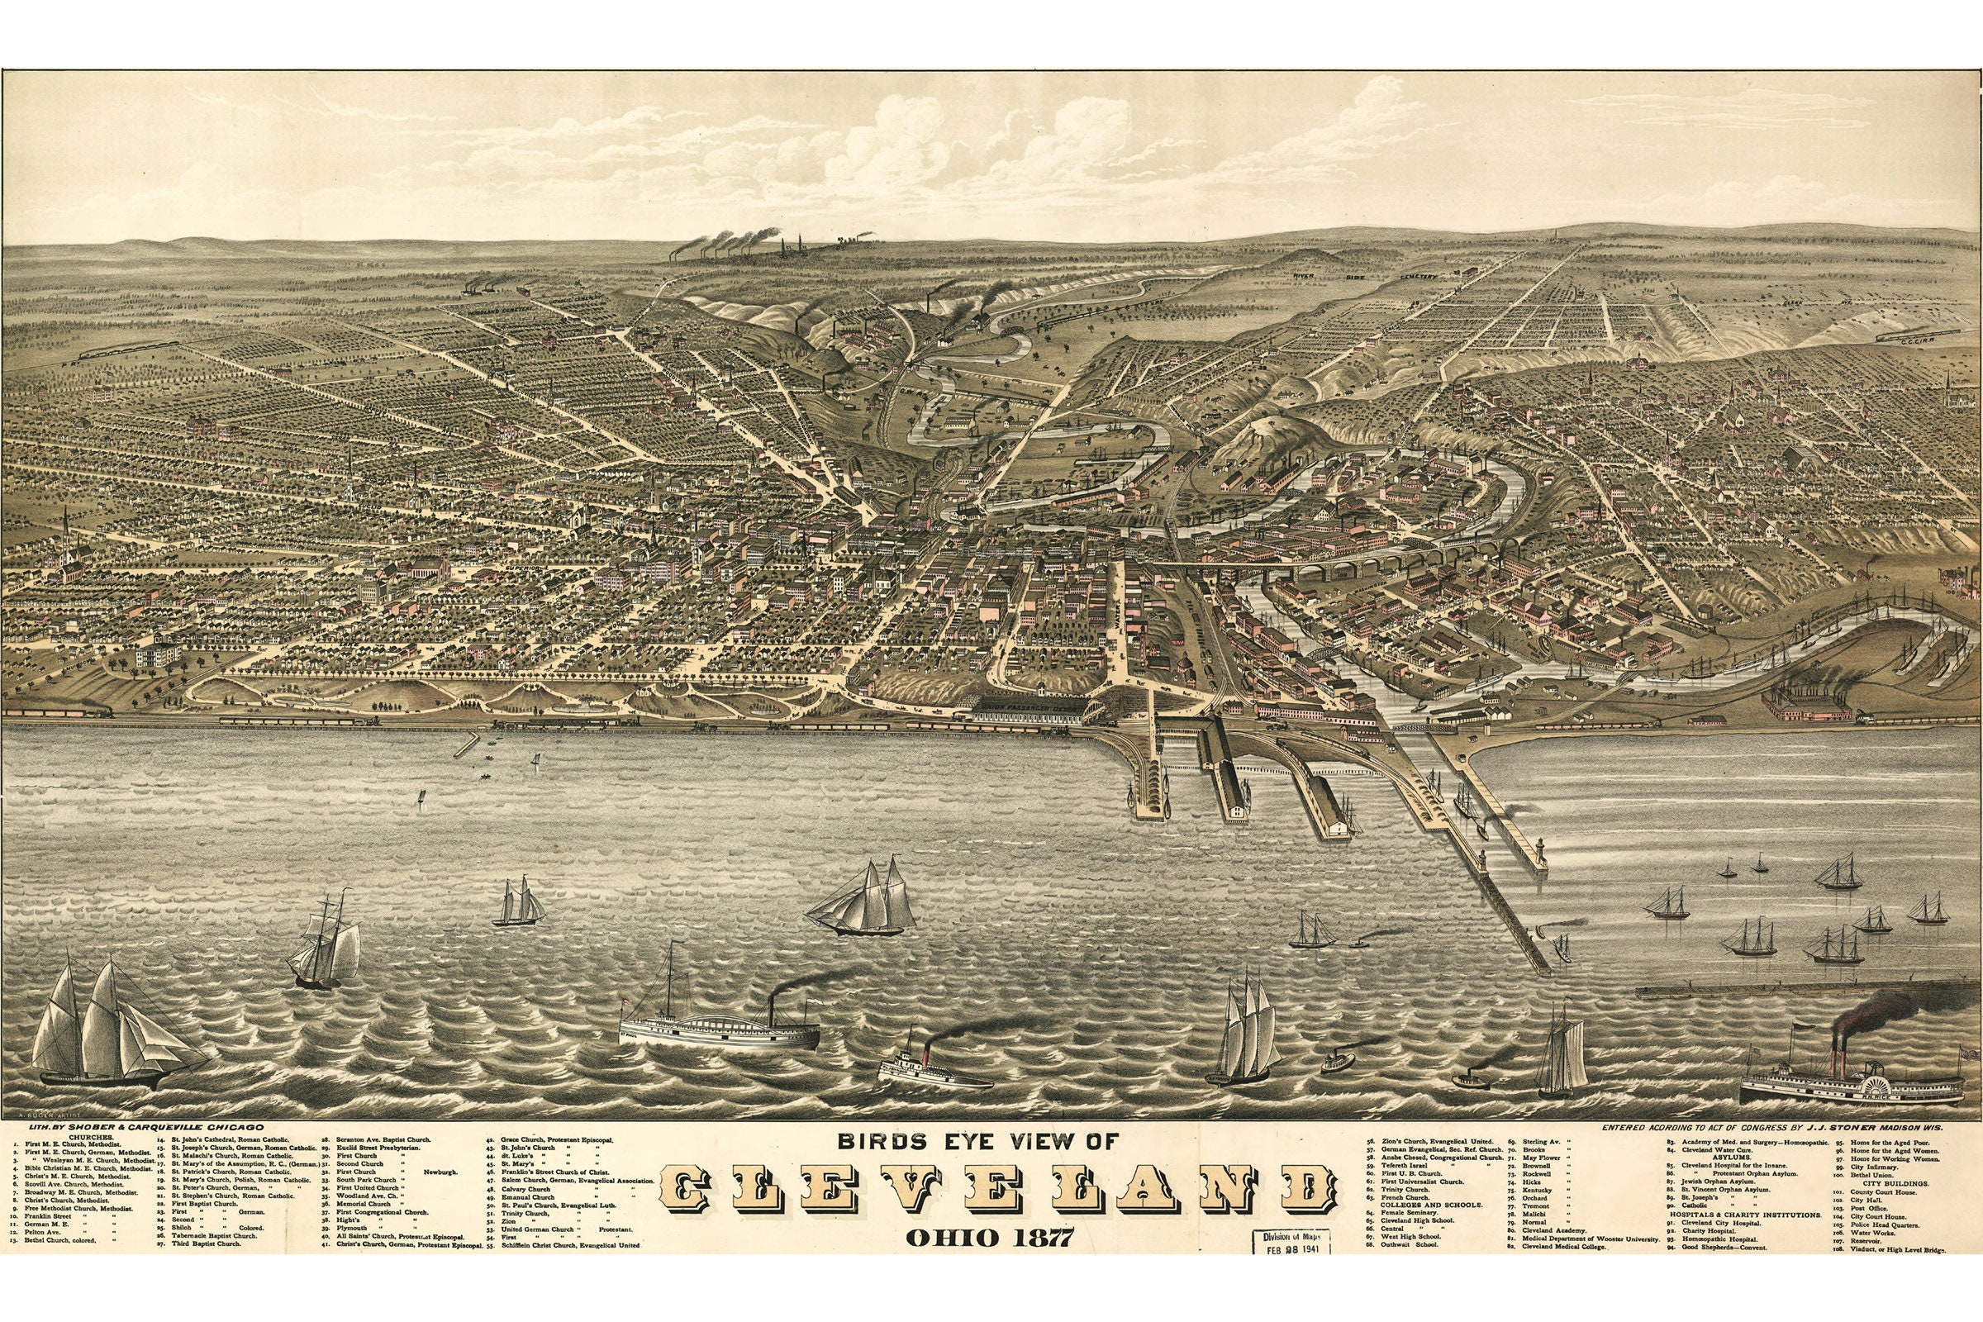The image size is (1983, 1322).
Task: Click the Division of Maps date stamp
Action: tap(1291, 1243)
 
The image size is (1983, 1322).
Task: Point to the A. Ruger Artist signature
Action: tap(46, 1115)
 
